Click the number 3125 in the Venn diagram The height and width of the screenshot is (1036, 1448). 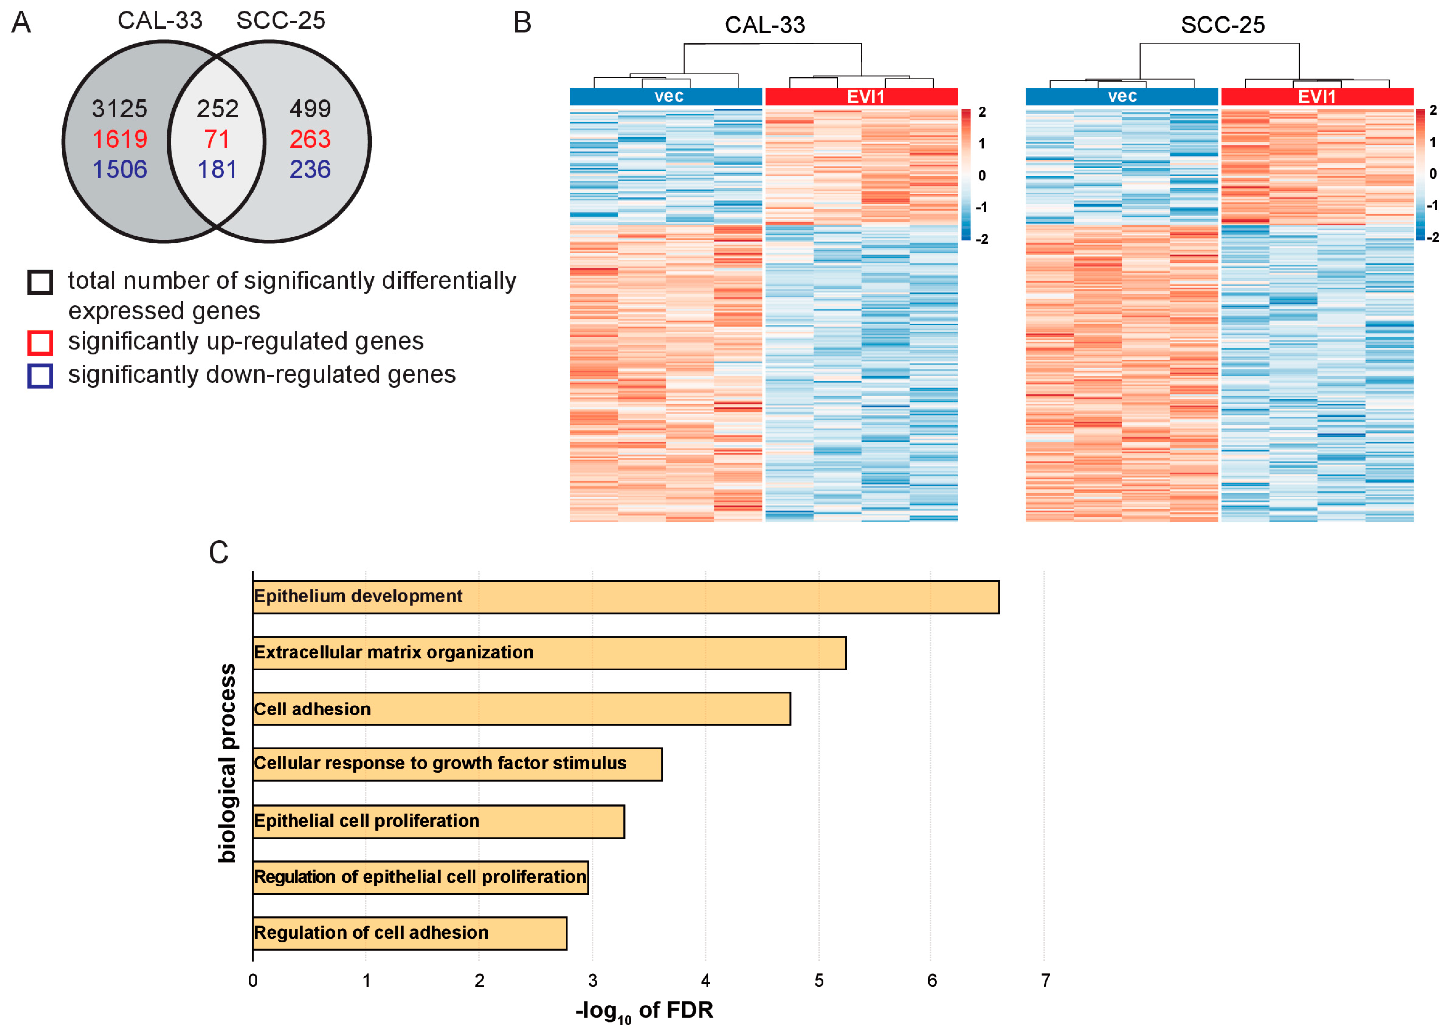[x=119, y=109]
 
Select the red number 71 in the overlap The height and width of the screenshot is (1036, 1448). [x=217, y=139]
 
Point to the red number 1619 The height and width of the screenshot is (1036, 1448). [x=119, y=139]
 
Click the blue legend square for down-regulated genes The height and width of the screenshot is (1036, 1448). [x=40, y=376]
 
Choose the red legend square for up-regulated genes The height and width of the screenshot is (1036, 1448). [x=40, y=343]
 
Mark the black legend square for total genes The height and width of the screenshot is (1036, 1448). [x=40, y=282]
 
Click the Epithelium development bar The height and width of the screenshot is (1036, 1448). [x=625, y=597]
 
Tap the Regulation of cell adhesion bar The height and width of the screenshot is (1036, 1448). [x=410, y=933]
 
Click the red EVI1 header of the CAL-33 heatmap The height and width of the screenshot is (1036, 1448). [x=861, y=97]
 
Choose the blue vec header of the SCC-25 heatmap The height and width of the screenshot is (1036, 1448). [x=1122, y=97]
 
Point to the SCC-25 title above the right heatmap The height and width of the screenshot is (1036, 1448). [x=1222, y=25]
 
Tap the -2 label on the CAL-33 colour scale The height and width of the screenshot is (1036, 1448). [x=982, y=239]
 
